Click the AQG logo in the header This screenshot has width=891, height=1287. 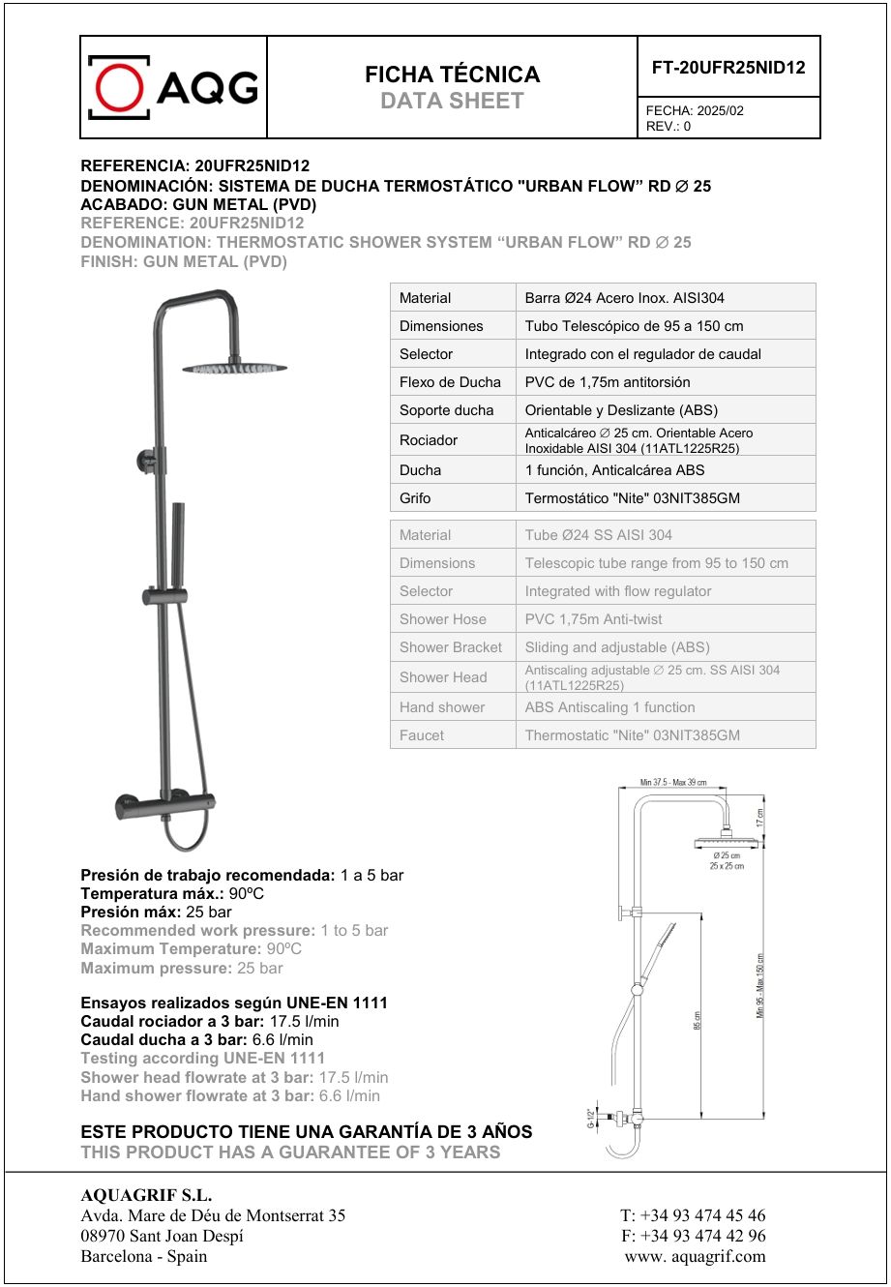point(173,87)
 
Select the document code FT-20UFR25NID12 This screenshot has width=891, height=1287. point(728,67)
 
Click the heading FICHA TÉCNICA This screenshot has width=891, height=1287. point(452,75)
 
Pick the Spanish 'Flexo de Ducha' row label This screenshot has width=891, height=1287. point(450,382)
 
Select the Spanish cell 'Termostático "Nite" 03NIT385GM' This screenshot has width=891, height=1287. point(633,498)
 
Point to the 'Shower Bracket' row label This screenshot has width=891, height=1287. point(451,647)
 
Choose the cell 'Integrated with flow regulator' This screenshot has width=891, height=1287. point(618,591)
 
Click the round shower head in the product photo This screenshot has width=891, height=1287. point(234,368)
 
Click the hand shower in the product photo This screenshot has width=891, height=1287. point(179,542)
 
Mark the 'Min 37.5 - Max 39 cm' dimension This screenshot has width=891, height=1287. point(673,782)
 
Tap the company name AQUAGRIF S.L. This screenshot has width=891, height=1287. point(146,1196)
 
